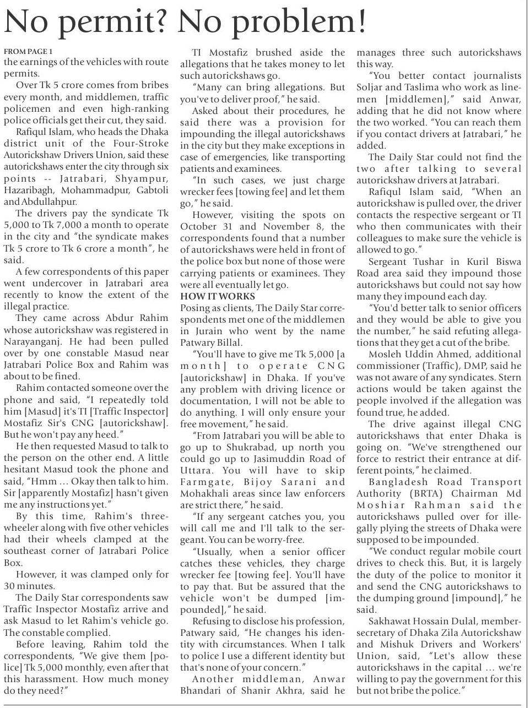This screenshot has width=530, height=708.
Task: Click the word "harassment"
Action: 61,679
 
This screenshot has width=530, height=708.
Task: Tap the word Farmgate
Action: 203,482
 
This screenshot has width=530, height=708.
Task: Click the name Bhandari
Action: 204,690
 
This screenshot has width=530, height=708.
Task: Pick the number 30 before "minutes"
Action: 10,586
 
